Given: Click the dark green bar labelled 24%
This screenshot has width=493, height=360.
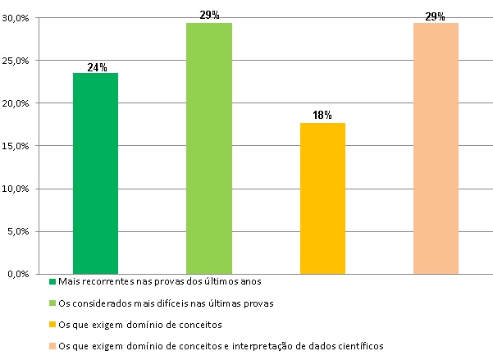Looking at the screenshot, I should tap(95, 173).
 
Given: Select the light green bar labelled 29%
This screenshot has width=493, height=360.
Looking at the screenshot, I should tap(208, 148).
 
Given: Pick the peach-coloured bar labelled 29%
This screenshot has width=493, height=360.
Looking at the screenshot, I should tap(435, 148).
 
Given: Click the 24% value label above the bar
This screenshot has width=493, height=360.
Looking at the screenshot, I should tap(97, 67).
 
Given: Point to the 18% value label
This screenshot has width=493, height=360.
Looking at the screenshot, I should tap(322, 116).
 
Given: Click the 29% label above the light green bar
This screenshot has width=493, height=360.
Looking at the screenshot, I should tap(209, 16).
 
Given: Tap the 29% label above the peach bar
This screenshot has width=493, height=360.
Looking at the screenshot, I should tap(436, 16).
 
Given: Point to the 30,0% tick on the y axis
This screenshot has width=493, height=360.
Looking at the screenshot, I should tap(16, 18).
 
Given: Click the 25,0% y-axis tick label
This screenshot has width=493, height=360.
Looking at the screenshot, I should tap(16, 61).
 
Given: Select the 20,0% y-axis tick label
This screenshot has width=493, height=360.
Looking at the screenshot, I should tap(16, 103).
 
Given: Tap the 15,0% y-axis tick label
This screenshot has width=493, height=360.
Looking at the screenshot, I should tap(16, 146).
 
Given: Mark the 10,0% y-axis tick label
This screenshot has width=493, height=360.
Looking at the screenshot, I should tap(16, 189).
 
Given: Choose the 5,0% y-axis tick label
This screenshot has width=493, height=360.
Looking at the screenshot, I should tap(19, 231).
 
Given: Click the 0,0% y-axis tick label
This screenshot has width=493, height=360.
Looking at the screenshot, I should tap(19, 274).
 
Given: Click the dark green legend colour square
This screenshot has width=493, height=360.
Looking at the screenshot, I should tap(52, 282).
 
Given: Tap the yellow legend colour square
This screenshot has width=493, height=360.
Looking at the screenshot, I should tap(52, 325).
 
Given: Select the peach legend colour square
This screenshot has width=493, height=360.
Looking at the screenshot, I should tap(52, 346).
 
